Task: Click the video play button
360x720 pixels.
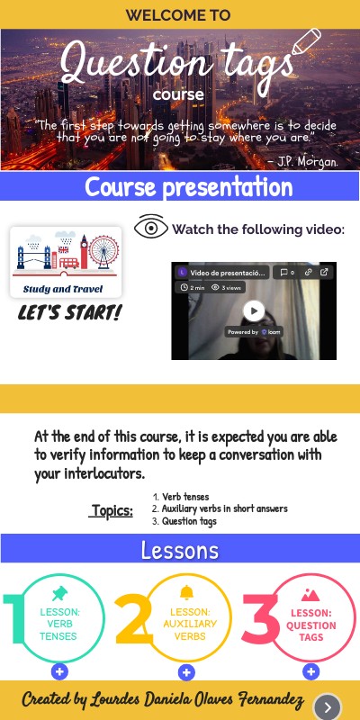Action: pos(255,310)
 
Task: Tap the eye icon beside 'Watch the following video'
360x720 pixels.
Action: pos(151,228)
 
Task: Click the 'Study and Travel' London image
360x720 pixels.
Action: pos(65,262)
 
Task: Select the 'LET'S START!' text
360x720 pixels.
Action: pos(70,313)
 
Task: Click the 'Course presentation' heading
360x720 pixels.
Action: pos(188,187)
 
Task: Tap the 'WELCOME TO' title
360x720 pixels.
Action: pos(178,14)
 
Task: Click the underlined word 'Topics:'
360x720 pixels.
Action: pos(112,511)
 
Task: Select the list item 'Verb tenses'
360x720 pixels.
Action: pos(186,496)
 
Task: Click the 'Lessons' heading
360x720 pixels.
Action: pos(179,550)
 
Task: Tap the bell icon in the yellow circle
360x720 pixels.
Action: pos(186,591)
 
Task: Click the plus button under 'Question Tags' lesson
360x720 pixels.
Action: pos(310,671)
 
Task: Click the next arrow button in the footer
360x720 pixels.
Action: pos(328,706)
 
